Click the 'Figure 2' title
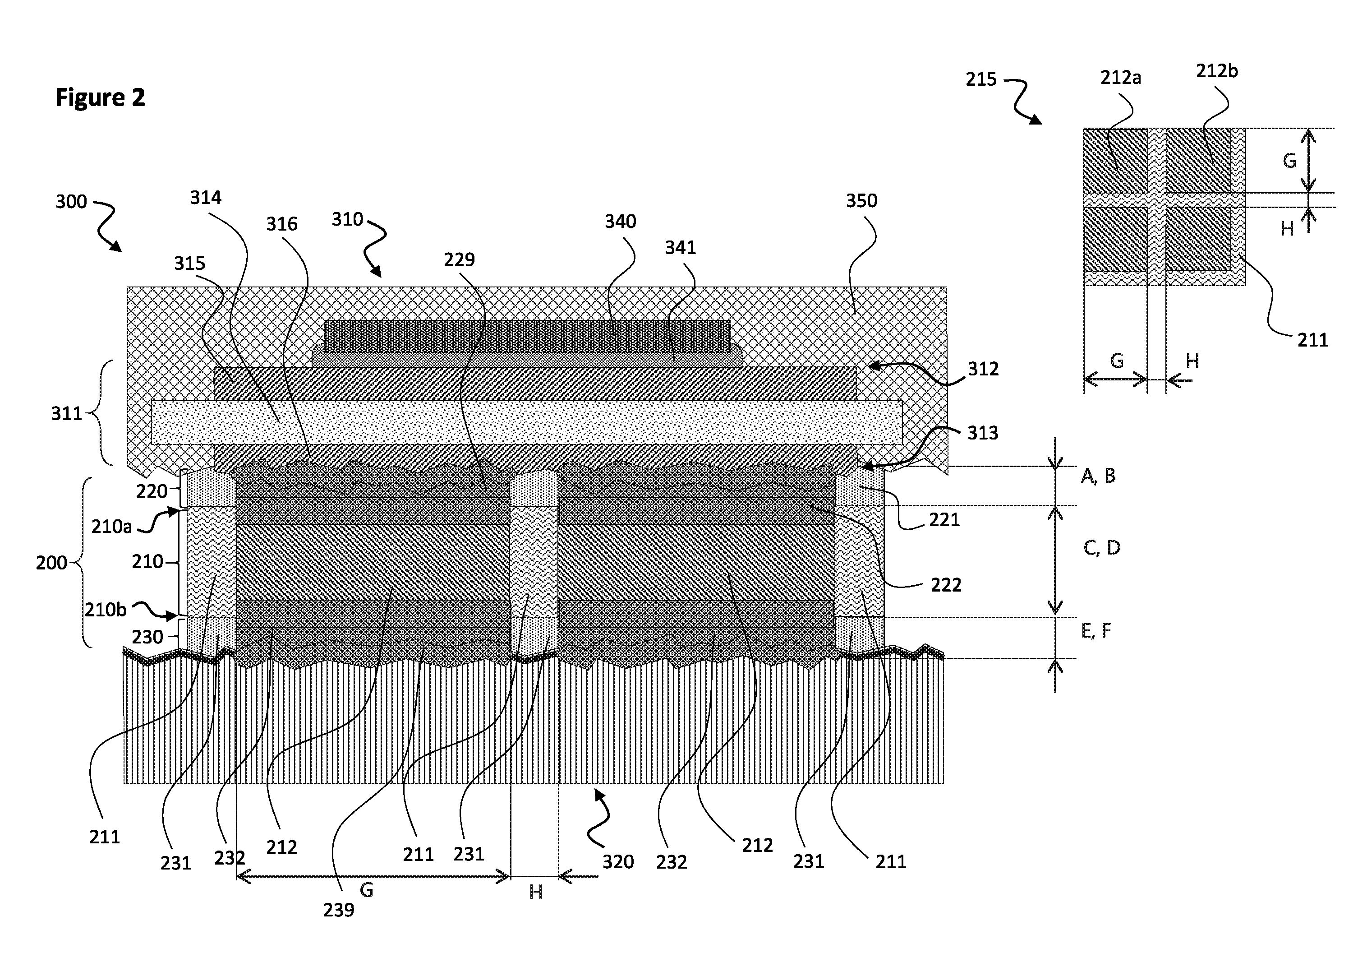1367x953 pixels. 100,97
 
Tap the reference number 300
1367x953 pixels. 71,202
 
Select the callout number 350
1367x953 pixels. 861,201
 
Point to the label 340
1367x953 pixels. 621,222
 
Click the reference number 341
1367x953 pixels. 681,247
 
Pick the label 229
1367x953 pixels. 459,260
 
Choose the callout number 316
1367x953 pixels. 281,224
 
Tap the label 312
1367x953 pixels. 983,369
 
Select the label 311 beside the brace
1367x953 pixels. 67,413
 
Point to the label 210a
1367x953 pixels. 111,527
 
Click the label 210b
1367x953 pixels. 106,610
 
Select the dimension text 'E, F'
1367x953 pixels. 1096,631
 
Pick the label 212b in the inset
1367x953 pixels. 1217,71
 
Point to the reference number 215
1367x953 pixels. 981,79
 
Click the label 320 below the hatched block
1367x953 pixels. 618,861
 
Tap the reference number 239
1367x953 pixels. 339,910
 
